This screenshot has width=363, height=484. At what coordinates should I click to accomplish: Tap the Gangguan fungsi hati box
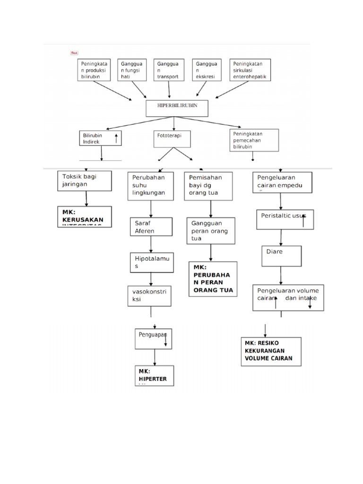[133, 70]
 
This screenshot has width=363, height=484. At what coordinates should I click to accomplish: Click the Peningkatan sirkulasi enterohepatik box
[251, 70]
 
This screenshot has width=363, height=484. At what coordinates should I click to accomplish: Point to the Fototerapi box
[172, 139]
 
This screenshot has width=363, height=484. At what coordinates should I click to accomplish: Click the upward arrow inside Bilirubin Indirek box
[116, 138]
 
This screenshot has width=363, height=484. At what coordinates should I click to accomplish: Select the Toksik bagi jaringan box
[85, 181]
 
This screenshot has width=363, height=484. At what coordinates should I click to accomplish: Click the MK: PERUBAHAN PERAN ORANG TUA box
[212, 279]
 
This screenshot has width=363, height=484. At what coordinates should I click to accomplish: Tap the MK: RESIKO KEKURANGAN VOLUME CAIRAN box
[271, 351]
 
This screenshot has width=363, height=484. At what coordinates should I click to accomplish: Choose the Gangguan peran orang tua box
[211, 231]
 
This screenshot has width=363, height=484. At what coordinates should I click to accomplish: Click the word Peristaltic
[277, 216]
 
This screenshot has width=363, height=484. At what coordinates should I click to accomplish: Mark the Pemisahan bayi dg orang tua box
[209, 186]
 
